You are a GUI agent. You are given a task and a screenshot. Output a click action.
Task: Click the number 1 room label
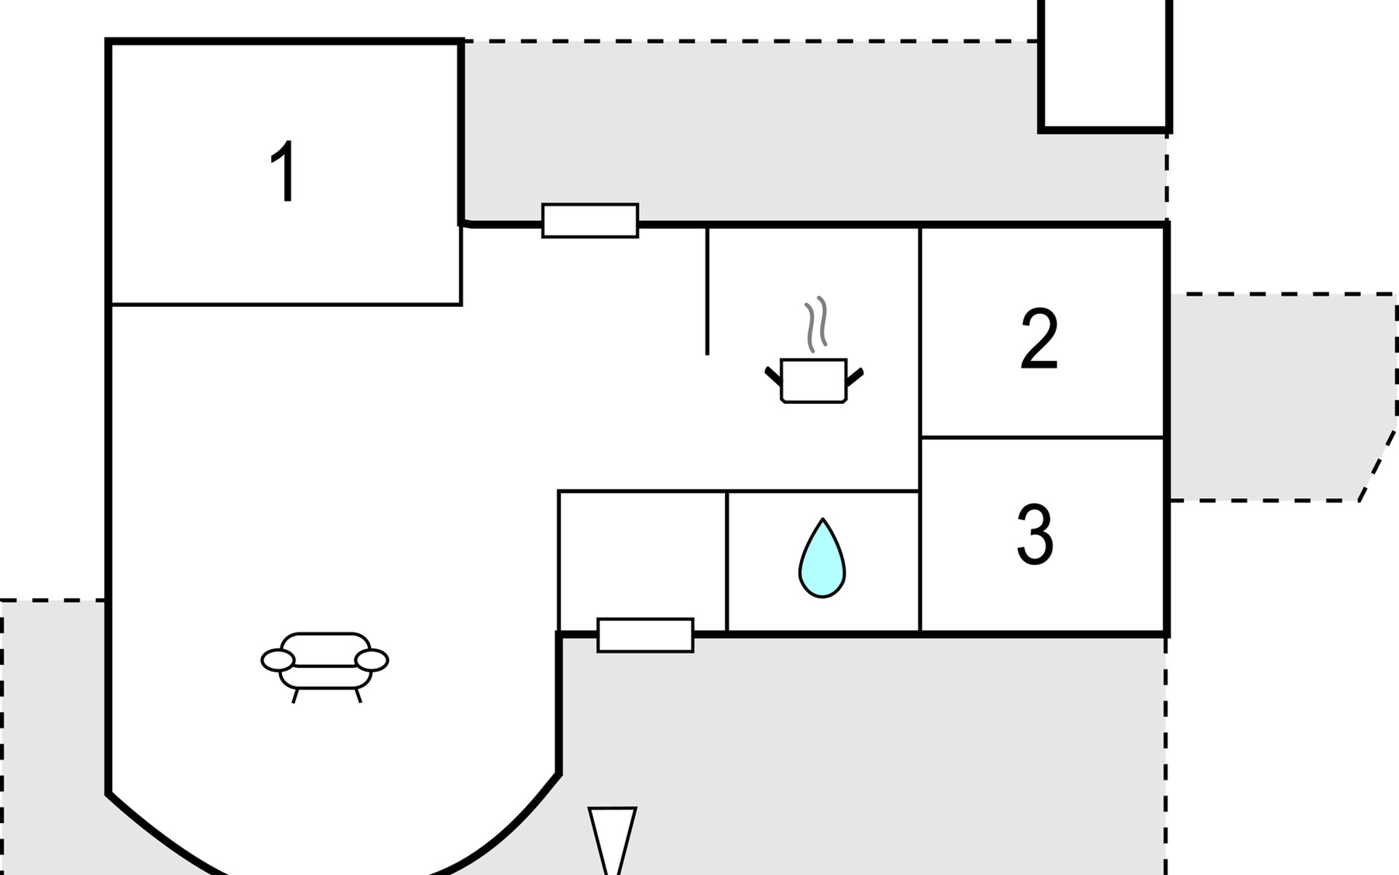point(283,172)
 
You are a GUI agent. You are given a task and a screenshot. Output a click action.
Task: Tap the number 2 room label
point(1039,338)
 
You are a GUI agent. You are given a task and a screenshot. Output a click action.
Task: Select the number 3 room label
point(1035,534)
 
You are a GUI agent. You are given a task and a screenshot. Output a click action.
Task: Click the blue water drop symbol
point(822,559)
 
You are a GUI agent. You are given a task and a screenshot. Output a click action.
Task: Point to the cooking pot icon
point(814,380)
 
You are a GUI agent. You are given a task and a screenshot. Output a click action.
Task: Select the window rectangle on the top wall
point(590,220)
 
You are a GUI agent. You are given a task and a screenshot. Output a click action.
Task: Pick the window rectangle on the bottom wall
point(646,635)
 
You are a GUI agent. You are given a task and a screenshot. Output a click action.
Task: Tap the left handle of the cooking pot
point(773,377)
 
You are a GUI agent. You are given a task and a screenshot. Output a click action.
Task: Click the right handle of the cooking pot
point(855,377)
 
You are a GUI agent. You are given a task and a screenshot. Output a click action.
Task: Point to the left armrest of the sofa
point(278,661)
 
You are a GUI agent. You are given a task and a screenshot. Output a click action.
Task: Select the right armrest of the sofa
point(372,661)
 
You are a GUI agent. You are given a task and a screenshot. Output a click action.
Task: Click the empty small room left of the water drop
point(643,560)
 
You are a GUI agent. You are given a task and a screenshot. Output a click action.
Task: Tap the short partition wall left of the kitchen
point(707,292)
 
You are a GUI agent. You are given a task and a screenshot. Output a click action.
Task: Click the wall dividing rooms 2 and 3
point(1043,437)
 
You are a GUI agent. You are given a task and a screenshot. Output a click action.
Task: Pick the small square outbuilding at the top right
point(1105,66)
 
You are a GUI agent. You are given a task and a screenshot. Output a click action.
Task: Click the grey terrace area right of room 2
point(1282,397)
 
